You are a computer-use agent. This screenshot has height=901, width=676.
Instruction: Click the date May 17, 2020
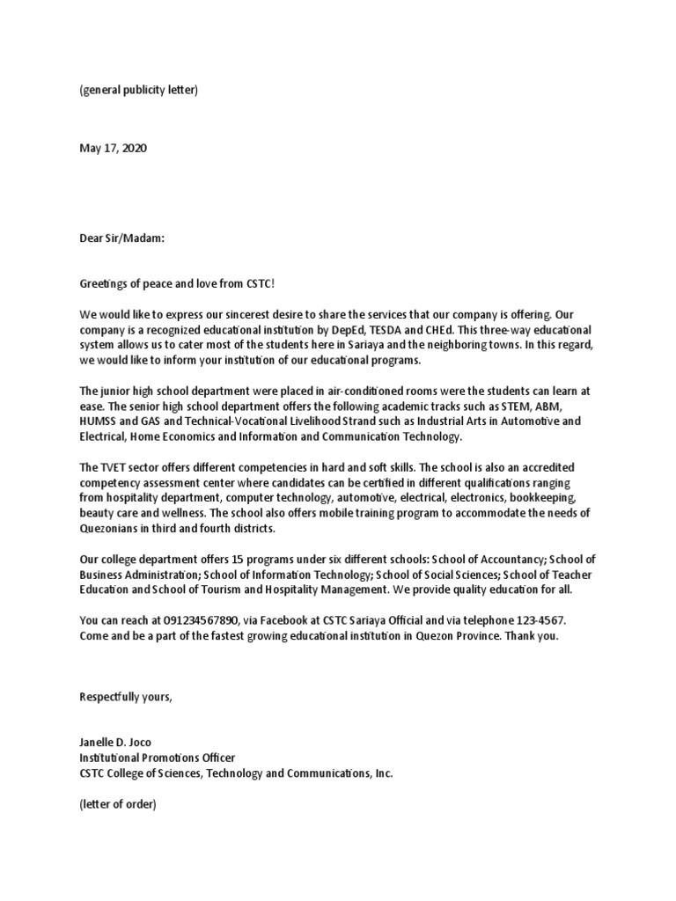114,148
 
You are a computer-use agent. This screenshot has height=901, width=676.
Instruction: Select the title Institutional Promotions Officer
158,758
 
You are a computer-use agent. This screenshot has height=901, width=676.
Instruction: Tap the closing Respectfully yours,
127,697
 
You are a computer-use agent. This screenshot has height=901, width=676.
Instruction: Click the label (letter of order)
118,804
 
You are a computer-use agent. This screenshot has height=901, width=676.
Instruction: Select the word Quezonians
110,528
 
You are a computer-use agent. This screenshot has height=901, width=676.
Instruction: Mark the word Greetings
105,282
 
